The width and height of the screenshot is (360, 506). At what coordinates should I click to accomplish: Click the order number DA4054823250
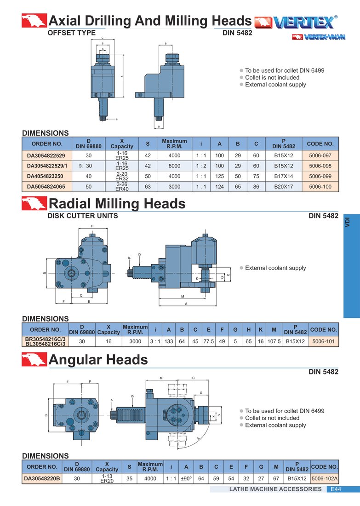(x=45, y=176)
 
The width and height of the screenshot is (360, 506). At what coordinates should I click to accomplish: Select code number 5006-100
(x=320, y=186)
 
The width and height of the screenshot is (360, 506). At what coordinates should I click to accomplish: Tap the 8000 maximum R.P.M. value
(x=175, y=166)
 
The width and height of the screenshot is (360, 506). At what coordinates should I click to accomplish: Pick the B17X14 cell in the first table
(x=284, y=176)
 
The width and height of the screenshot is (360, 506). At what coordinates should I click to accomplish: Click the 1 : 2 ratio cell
(x=201, y=166)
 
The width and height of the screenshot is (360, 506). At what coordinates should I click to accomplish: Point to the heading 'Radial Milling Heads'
(x=117, y=204)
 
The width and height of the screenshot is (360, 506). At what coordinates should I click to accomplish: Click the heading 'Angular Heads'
(x=98, y=360)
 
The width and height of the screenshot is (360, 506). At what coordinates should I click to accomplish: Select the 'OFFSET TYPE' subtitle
(x=72, y=33)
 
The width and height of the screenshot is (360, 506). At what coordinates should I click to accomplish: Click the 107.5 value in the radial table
(x=274, y=341)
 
